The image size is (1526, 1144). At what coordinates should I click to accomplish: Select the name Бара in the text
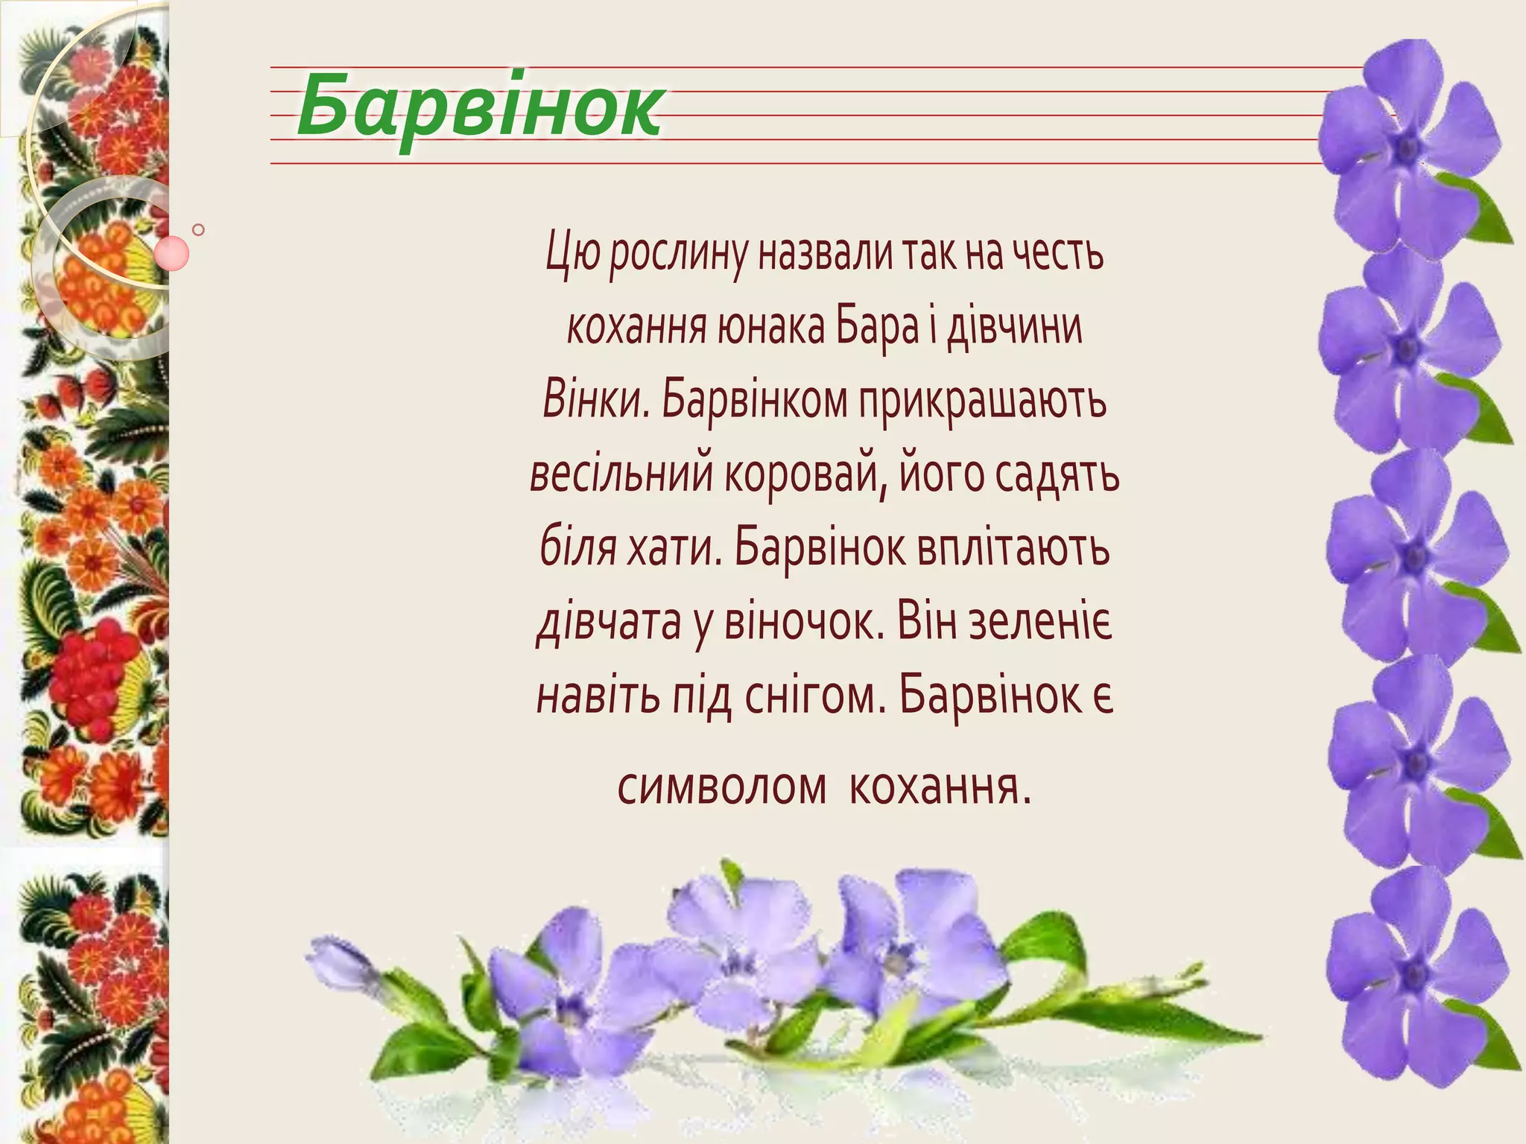coord(876,328)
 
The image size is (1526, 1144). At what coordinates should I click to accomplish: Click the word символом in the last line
coord(722,786)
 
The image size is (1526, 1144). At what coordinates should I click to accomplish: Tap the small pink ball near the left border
coord(172,252)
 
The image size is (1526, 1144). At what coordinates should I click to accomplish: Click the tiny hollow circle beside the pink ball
coord(198,229)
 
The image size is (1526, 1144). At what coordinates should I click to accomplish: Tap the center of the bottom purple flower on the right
coord(1414,973)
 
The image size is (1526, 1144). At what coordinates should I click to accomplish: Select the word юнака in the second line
coord(770,328)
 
